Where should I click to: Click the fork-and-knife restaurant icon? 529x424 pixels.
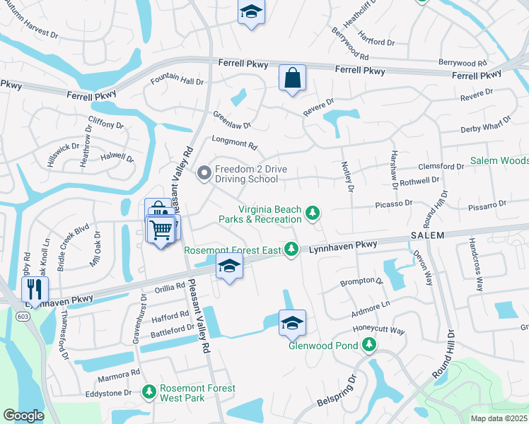coord(34,288)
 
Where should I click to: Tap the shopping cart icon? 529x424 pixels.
coord(161,229)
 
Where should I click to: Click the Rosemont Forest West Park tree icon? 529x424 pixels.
coord(149,391)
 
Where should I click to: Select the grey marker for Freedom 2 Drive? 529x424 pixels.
coord(204,173)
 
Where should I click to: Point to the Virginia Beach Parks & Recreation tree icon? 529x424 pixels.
coord(312,212)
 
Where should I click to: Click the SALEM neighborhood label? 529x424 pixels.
coord(427,235)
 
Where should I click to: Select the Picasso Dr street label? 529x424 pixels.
coord(393,204)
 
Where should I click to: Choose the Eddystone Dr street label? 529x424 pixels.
coord(109,393)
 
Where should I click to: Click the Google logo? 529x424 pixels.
coord(23,416)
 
